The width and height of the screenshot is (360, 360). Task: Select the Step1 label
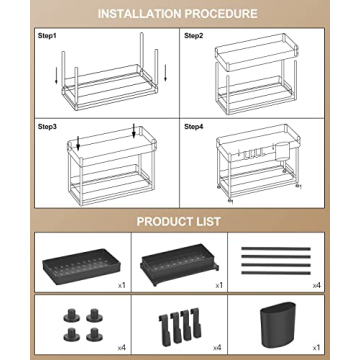pyautogui.click(x=48, y=35)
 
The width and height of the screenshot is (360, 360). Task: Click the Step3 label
pyautogui.click(x=48, y=127)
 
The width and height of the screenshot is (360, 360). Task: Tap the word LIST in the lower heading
pyautogui.click(x=210, y=220)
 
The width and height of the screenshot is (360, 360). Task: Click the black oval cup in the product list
pyautogui.click(x=291, y=326)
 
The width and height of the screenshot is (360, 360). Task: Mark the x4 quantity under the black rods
pyautogui.click(x=316, y=285)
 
